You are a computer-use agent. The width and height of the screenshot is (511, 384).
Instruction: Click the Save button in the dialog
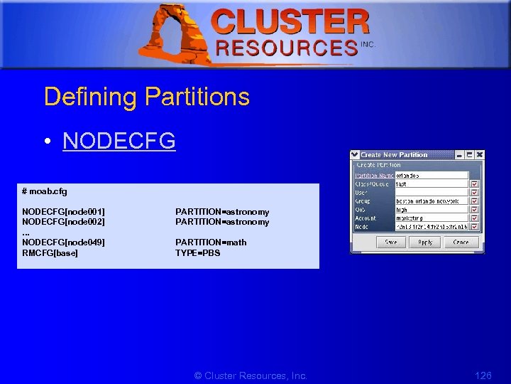pos(391,242)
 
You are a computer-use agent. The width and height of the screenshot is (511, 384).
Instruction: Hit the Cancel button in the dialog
pos(461,242)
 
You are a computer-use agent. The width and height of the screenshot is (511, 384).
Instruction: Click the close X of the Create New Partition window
pos(480,154)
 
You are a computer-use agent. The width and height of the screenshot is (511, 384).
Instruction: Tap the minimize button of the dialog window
pos(460,154)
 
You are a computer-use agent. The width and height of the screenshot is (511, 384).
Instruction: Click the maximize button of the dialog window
pos(470,154)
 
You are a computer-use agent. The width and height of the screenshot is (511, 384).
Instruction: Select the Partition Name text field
pos(432,175)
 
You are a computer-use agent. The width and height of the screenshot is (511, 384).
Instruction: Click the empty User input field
pos(432,192)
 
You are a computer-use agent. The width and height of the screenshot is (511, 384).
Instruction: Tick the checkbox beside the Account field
pos(475,218)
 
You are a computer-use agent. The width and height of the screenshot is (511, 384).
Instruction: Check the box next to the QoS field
pos(475,210)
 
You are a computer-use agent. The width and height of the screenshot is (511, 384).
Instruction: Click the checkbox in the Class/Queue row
pos(475,183)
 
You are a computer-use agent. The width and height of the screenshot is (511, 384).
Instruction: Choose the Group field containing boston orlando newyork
pos(432,201)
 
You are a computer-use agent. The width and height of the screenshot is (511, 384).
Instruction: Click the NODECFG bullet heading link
pos(119,141)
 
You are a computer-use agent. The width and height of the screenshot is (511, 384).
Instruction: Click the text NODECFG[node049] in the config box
pos(63,242)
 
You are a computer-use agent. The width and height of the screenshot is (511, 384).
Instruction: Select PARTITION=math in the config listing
pos(211,242)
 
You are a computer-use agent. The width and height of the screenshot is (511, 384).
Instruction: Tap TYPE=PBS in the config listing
pos(198,252)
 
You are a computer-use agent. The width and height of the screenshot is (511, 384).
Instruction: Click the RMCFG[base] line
pos(50,252)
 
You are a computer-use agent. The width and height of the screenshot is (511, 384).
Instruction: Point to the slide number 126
pos(483,375)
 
